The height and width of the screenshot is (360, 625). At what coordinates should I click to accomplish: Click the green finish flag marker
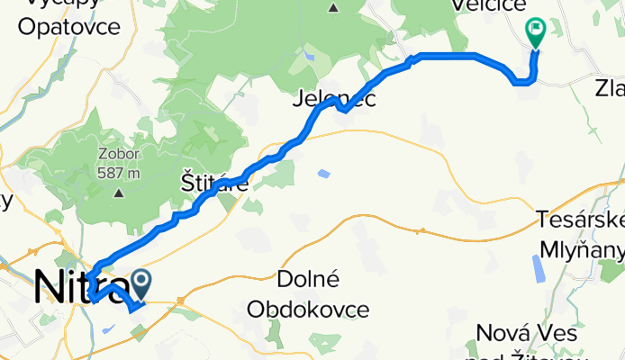[x=536, y=32]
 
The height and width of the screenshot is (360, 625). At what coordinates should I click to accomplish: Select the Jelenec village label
[x=333, y=100]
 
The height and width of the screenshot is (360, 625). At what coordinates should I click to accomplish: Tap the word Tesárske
[x=581, y=218]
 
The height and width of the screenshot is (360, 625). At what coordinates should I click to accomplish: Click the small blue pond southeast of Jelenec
[x=323, y=173]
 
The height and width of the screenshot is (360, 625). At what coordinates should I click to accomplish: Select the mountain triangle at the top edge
[x=333, y=8]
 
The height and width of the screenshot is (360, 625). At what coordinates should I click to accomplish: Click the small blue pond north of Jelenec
[x=310, y=57]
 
